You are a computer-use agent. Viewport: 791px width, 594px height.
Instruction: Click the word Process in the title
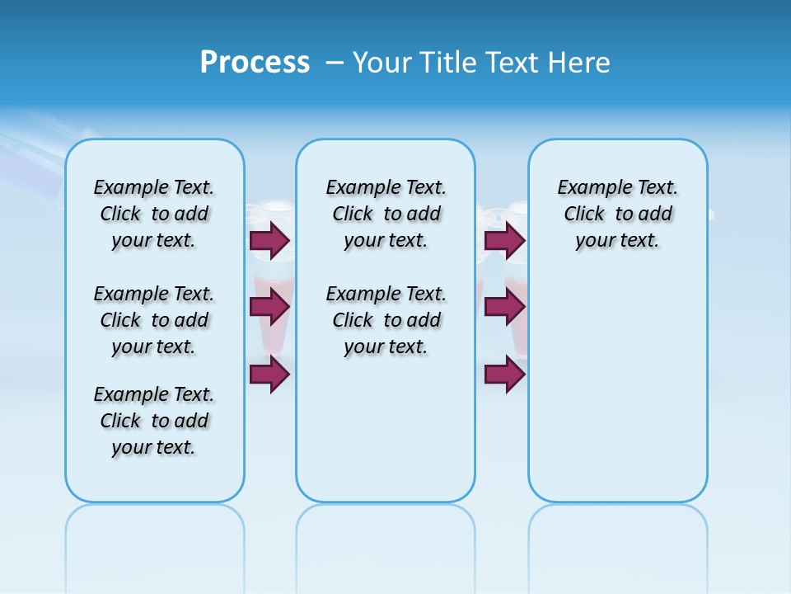tap(255, 62)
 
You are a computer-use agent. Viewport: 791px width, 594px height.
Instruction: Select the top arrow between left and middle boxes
tap(269, 240)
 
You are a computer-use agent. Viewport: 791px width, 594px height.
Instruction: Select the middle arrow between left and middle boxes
tap(269, 307)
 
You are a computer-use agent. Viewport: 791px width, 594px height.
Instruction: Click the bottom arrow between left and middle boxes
tap(269, 374)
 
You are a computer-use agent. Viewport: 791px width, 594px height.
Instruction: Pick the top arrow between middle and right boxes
tap(504, 240)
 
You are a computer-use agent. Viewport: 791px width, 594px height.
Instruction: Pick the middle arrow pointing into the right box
tap(504, 307)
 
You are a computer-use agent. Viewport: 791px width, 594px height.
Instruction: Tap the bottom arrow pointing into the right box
tap(504, 374)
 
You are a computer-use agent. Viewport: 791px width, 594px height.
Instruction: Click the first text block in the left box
tap(154, 214)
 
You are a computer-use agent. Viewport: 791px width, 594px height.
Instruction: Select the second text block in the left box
tap(154, 320)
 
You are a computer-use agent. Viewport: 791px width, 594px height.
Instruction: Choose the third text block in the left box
tap(154, 421)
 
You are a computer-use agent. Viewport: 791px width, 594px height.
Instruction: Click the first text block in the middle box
tap(386, 214)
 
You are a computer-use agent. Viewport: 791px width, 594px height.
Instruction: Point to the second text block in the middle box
tap(386, 320)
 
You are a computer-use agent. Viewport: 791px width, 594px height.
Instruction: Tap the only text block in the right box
tap(617, 214)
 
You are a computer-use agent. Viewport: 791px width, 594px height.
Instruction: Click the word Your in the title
tap(382, 63)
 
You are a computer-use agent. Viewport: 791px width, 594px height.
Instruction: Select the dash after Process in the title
tap(334, 63)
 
